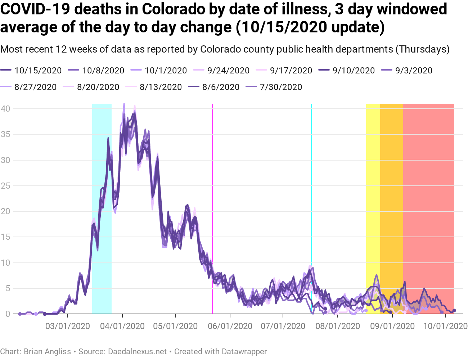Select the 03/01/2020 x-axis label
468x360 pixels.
[68, 326]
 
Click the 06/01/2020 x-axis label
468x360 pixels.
[230, 326]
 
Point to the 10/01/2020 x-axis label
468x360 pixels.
[445, 326]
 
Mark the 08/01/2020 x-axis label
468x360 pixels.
[338, 326]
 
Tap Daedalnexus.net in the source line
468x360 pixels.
[138, 351]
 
